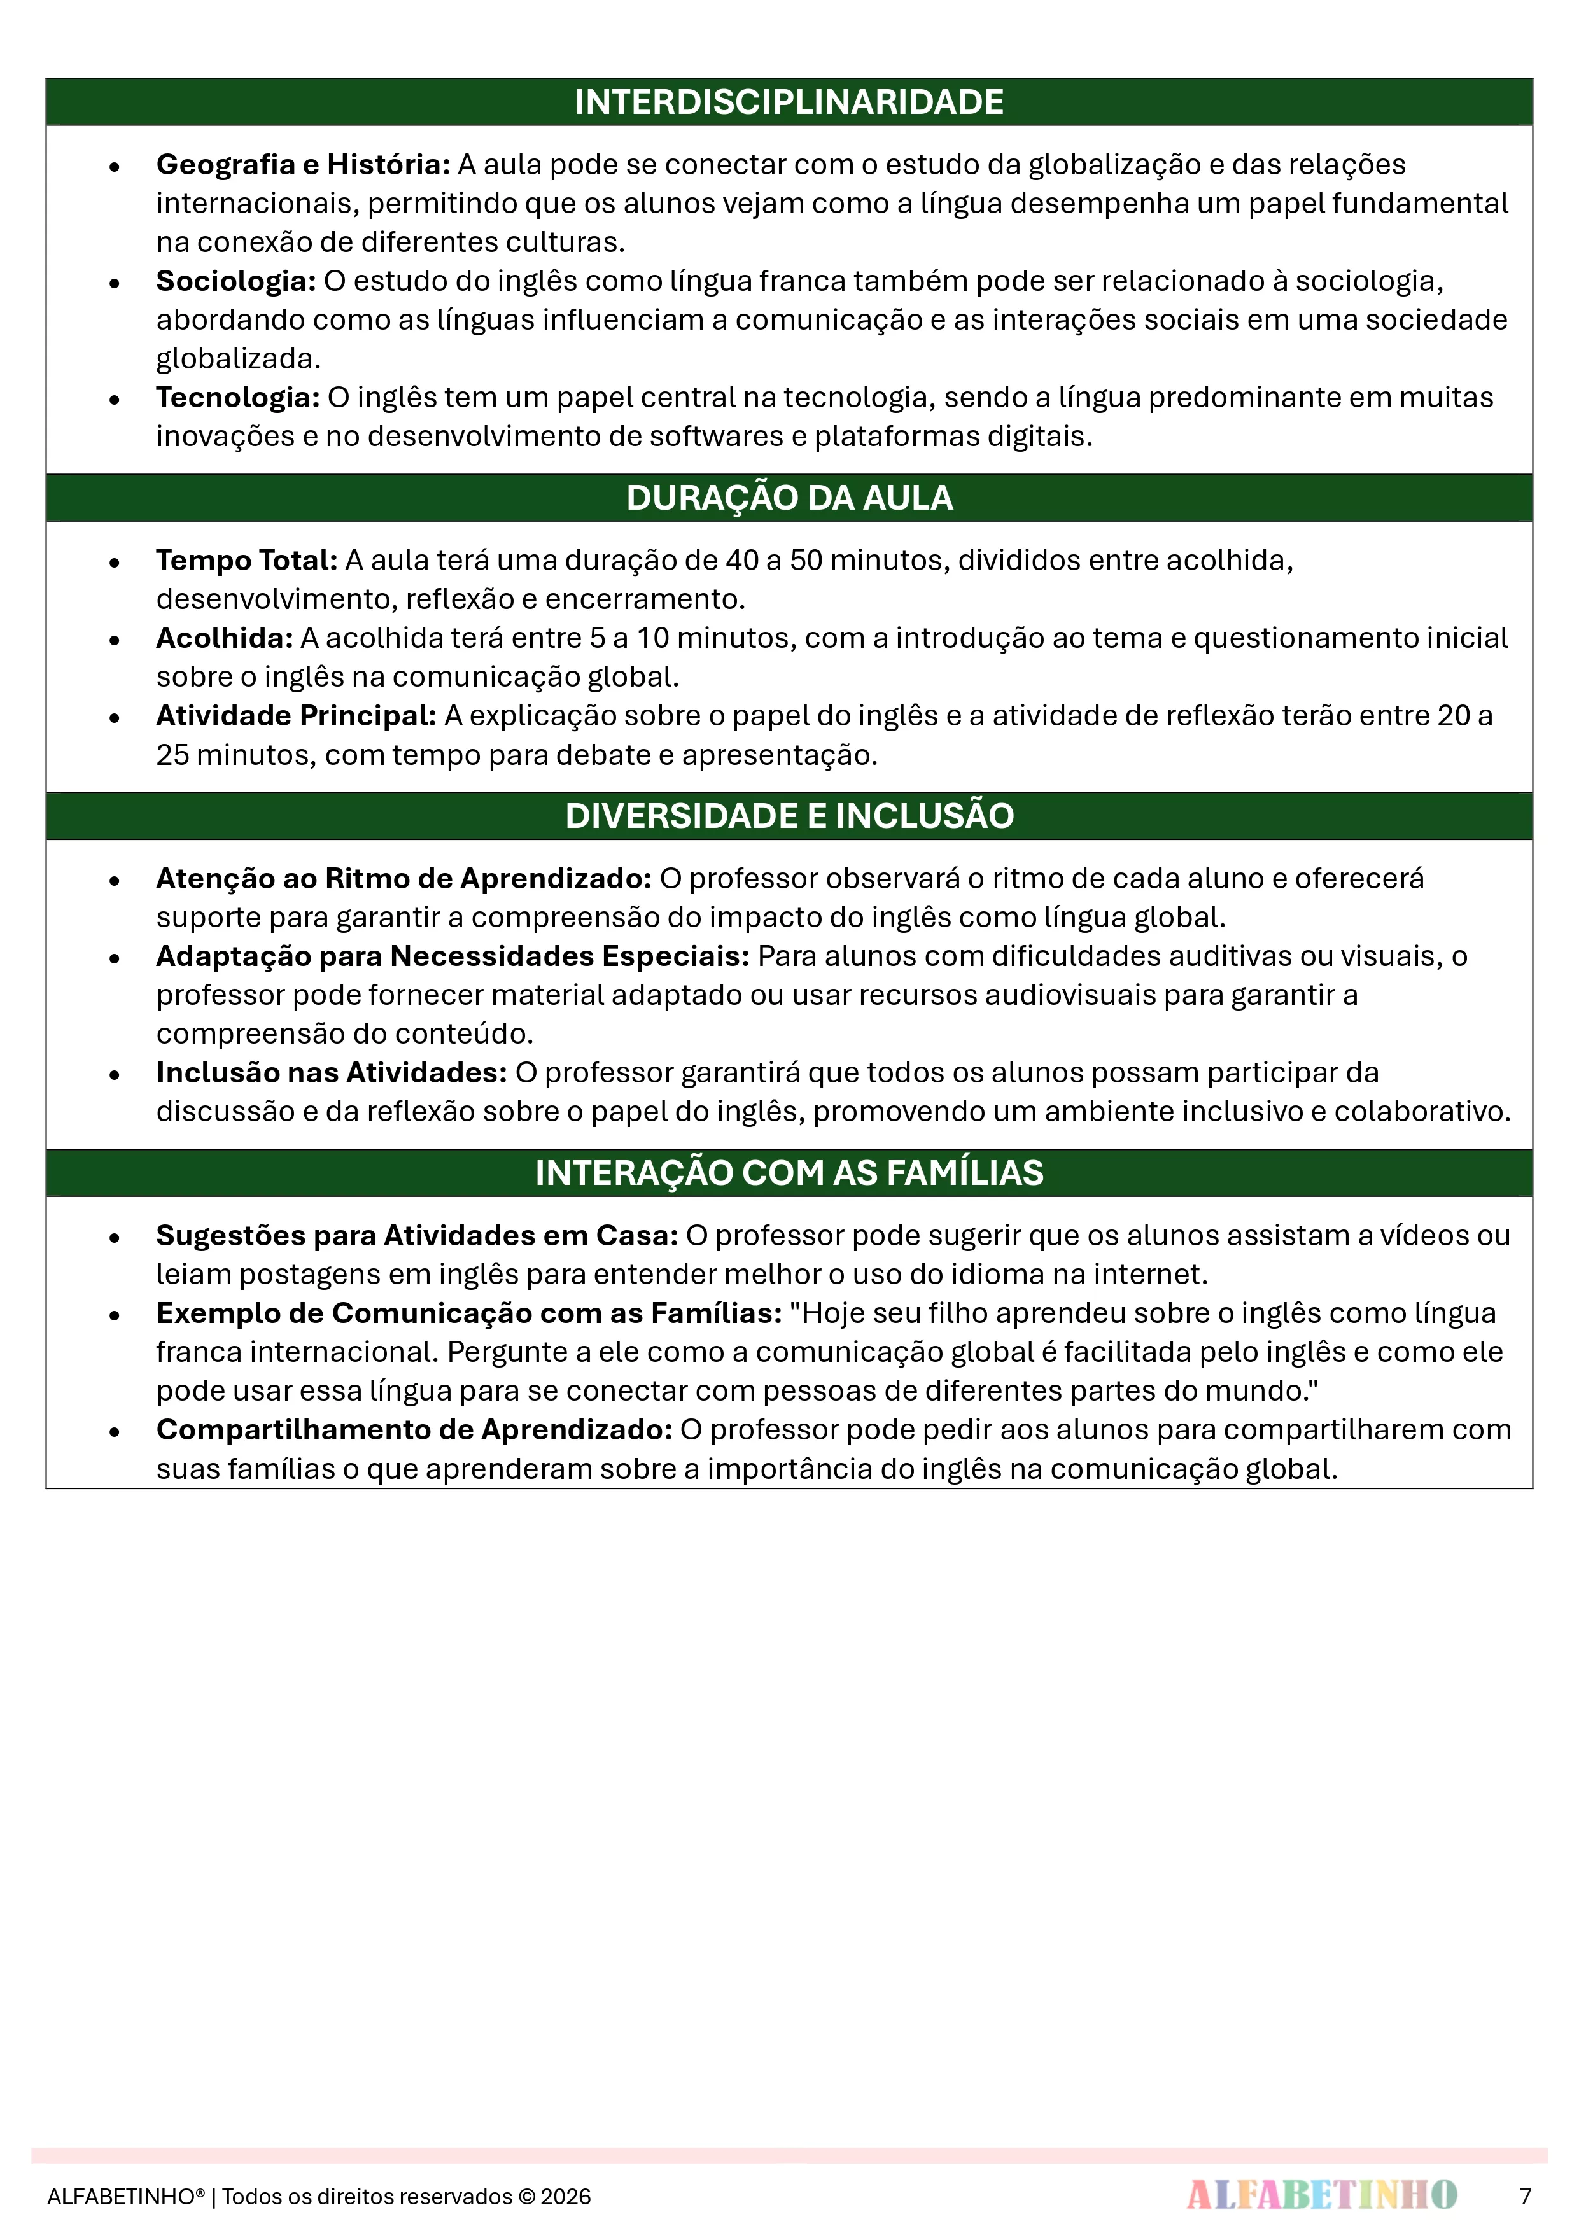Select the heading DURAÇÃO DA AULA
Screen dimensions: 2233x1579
tap(789, 498)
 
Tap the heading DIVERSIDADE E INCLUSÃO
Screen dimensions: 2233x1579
tap(789, 816)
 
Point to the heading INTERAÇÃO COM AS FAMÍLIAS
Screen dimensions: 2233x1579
tap(789, 1173)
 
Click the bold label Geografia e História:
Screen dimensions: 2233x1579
tap(302, 164)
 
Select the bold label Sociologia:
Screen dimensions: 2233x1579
tap(235, 281)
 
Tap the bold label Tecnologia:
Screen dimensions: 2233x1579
tap(237, 398)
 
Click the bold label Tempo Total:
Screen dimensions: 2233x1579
tap(246, 560)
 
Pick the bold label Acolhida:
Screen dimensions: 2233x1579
tap(224, 638)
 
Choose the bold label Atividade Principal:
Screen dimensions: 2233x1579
tap(296, 716)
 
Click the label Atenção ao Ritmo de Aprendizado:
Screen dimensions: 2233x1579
tap(403, 878)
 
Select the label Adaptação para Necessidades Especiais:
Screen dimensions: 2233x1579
tap(453, 956)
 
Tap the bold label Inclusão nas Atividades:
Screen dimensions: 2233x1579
tap(331, 1073)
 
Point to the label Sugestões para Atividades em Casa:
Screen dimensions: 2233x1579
tap(416, 1235)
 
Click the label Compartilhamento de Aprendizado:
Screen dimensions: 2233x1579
tap(414, 1430)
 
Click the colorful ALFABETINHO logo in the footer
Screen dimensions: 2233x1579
tap(1321, 2195)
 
